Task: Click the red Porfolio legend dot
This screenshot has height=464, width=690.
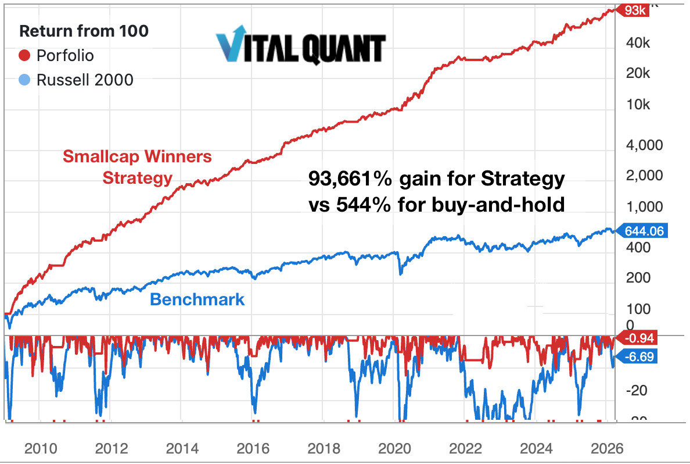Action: coord(24,56)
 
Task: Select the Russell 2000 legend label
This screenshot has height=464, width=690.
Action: coord(85,80)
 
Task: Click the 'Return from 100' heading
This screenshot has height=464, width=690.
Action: coord(84,31)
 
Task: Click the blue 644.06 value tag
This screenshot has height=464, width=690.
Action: coord(644,231)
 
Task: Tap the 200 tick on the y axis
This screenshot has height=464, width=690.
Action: coord(638,278)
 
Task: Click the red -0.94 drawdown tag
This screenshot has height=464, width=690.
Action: coord(639,338)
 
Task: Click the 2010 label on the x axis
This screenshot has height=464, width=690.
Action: coord(40,448)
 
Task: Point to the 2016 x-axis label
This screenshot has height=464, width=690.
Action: coord(253,448)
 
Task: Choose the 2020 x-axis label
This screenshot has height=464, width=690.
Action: coord(395,448)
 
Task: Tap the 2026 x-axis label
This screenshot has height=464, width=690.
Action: coord(607,448)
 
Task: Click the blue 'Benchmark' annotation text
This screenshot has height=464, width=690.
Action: coord(197,300)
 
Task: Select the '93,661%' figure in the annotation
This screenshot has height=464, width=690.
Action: coord(350,180)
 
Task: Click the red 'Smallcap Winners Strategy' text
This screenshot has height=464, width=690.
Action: coord(137,167)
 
